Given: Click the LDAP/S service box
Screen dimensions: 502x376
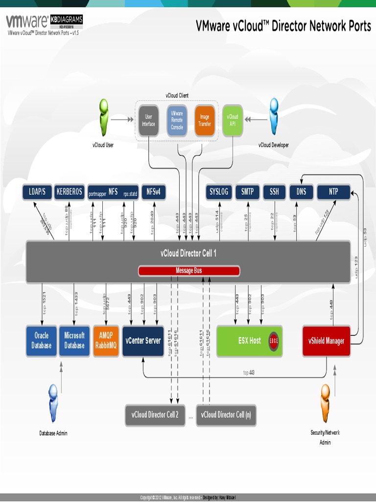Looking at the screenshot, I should click(x=37, y=192).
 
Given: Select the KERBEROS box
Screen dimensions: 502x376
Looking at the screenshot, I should click(x=69, y=192).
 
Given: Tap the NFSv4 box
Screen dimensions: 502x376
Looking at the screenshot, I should click(x=154, y=192).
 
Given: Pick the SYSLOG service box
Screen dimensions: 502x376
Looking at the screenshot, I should click(x=219, y=192).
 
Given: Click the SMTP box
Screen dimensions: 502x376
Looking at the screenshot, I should click(x=247, y=192).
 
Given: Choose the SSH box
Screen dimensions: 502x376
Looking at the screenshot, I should click(x=274, y=192).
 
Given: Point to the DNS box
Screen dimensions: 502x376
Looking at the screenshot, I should click(x=301, y=192).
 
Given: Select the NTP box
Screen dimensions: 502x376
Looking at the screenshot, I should click(x=333, y=192).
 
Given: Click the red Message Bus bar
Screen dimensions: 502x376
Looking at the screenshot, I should click(x=189, y=271).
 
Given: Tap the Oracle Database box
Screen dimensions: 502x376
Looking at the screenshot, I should click(x=42, y=341).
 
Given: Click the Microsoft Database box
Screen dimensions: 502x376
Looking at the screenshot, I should click(x=74, y=341).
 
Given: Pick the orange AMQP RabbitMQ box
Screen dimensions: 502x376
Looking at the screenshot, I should click(x=106, y=341).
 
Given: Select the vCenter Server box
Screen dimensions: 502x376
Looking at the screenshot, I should click(x=143, y=341).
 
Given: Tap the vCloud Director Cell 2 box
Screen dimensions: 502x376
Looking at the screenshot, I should click(x=155, y=415).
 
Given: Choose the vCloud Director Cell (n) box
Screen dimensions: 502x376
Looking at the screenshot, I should click(x=226, y=415).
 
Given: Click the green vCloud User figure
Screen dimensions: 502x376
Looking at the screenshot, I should click(x=103, y=117).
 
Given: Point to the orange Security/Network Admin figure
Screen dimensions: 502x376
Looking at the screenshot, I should click(x=325, y=403).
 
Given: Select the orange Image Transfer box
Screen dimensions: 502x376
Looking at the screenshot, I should click(x=205, y=120).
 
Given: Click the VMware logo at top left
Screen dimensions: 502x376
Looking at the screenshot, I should click(x=27, y=21).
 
